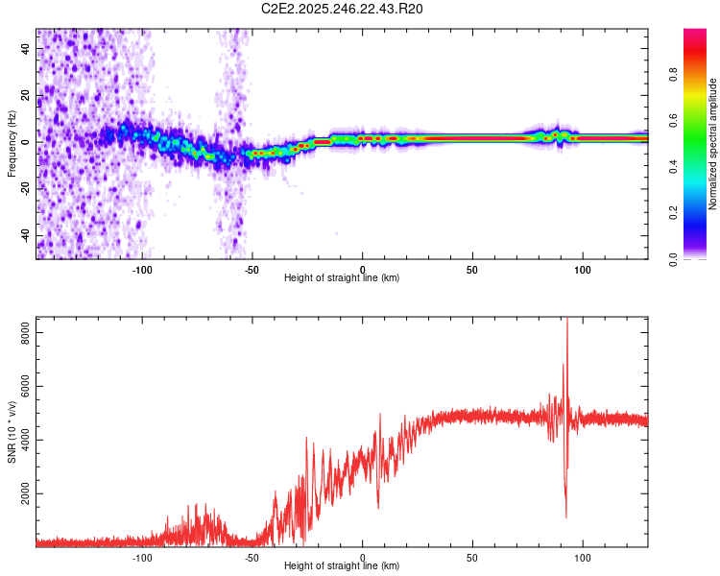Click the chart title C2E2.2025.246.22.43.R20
click(x=343, y=10)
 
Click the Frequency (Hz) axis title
click(x=12, y=144)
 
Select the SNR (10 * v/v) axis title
click(x=12, y=432)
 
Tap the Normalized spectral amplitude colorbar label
click(x=713, y=144)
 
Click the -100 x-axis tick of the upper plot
click(x=143, y=270)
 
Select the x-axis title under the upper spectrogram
click(x=342, y=278)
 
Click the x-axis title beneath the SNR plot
click(x=342, y=566)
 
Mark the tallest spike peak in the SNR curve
click(x=566, y=320)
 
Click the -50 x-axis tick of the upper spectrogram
click(x=252, y=270)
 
